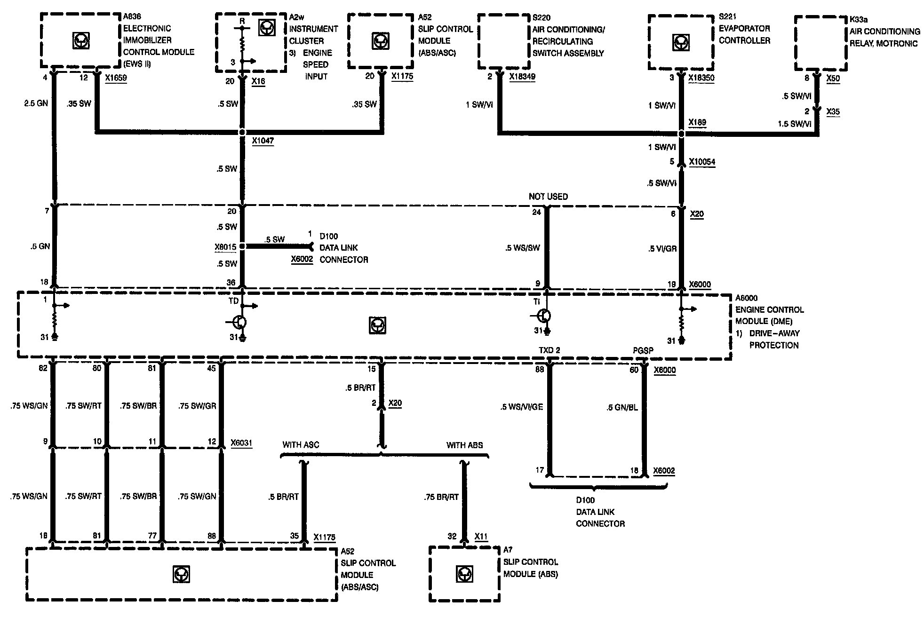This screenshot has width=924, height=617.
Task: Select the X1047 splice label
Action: point(263,141)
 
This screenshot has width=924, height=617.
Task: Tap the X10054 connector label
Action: point(702,162)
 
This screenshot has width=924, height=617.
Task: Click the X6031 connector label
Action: point(241,443)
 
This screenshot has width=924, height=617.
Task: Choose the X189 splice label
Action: point(697,123)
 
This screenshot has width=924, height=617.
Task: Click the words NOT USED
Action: point(548,197)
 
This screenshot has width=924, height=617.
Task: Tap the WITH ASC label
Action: point(301,445)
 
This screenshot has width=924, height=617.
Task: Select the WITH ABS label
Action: point(464,445)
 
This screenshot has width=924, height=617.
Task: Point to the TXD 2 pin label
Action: point(549,351)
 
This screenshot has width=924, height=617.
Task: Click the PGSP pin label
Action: point(643,351)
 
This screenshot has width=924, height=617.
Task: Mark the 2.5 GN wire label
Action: point(36,103)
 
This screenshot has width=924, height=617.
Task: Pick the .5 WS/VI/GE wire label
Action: point(521,407)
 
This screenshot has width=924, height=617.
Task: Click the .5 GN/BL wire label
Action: point(622,407)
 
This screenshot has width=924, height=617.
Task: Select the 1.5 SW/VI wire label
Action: point(794,124)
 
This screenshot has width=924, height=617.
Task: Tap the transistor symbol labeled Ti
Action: point(545,316)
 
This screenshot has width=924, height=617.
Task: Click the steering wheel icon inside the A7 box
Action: point(464,574)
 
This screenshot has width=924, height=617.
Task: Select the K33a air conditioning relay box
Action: point(820,43)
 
